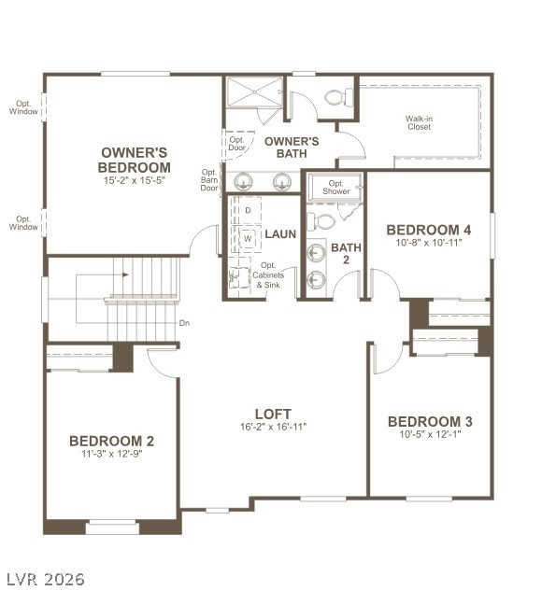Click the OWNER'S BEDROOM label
[134, 159]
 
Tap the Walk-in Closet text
[418, 122]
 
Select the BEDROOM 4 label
[428, 230]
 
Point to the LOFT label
[273, 414]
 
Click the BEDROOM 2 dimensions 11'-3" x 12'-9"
[111, 455]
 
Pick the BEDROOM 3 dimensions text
[429, 435]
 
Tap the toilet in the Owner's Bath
[338, 96]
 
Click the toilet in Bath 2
[321, 221]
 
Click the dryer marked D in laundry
[248, 210]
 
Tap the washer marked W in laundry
[248, 239]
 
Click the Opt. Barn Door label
[209, 179]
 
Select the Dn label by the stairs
[184, 323]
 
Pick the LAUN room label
[280, 234]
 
